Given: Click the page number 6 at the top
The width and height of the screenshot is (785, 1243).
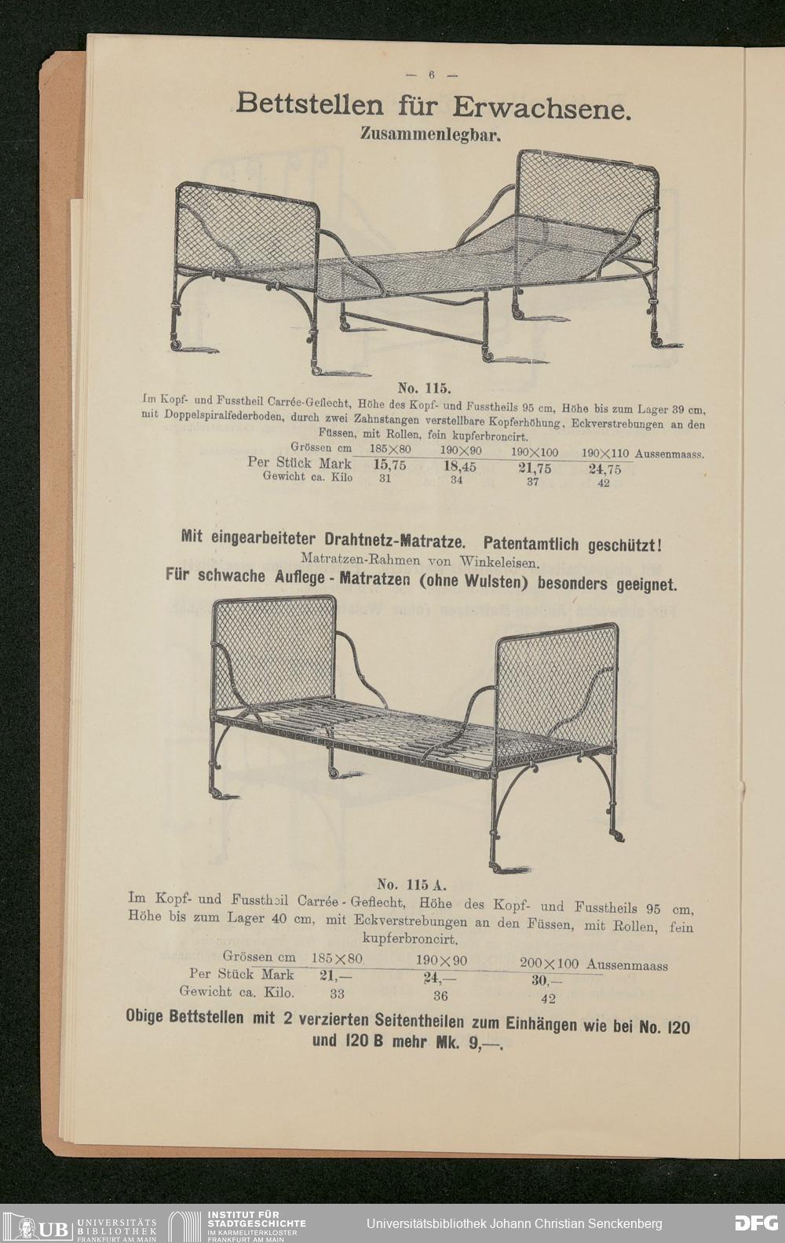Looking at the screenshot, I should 431,75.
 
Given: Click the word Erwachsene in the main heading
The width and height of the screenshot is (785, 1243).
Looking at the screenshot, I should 542,107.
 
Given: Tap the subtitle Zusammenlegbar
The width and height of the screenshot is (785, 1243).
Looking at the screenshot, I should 430,133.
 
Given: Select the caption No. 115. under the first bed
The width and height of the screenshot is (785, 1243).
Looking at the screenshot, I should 422,388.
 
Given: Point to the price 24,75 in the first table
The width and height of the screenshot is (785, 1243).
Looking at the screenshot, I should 603,470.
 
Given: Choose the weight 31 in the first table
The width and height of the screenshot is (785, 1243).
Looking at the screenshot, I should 385,478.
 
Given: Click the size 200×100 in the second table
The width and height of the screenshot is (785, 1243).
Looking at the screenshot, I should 549,963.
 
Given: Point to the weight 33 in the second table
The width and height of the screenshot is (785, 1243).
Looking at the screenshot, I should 337,993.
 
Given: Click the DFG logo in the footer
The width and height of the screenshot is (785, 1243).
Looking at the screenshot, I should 756,1223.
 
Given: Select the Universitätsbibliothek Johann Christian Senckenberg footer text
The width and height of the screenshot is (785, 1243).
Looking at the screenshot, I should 514,1223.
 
